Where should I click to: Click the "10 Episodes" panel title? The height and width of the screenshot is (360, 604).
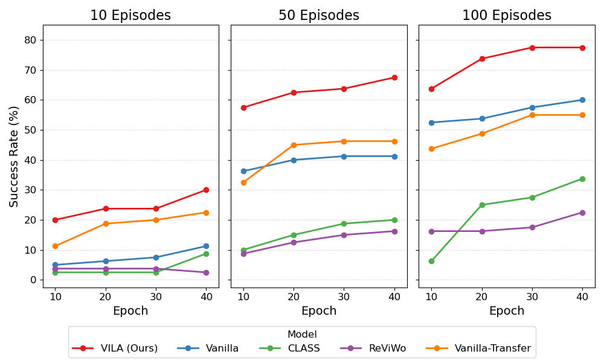[130, 16]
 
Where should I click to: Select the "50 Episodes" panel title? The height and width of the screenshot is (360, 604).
[318, 16]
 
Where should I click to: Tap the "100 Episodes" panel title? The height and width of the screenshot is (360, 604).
[506, 16]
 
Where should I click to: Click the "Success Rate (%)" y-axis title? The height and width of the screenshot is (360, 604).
[14, 156]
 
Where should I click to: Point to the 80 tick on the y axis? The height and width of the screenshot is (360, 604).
[30, 40]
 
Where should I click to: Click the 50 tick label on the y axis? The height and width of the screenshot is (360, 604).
[30, 130]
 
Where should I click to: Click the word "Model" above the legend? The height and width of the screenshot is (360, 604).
[302, 335]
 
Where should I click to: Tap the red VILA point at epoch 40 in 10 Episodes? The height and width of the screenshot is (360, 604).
[206, 190]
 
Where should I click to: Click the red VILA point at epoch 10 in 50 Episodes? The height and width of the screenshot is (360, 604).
[243, 108]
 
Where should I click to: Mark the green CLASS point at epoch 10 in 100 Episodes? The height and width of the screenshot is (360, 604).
[431, 261]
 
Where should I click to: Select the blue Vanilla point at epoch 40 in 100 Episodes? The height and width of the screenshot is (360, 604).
[582, 100]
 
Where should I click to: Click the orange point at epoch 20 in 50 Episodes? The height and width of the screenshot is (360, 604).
[294, 145]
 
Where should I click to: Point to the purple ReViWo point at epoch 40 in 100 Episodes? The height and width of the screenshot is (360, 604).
[582, 213]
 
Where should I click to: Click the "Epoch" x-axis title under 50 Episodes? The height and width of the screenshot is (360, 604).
[318, 311]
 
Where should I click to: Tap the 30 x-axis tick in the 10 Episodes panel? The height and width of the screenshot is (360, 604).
[156, 296]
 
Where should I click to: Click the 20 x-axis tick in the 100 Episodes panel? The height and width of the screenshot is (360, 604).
[481, 296]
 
